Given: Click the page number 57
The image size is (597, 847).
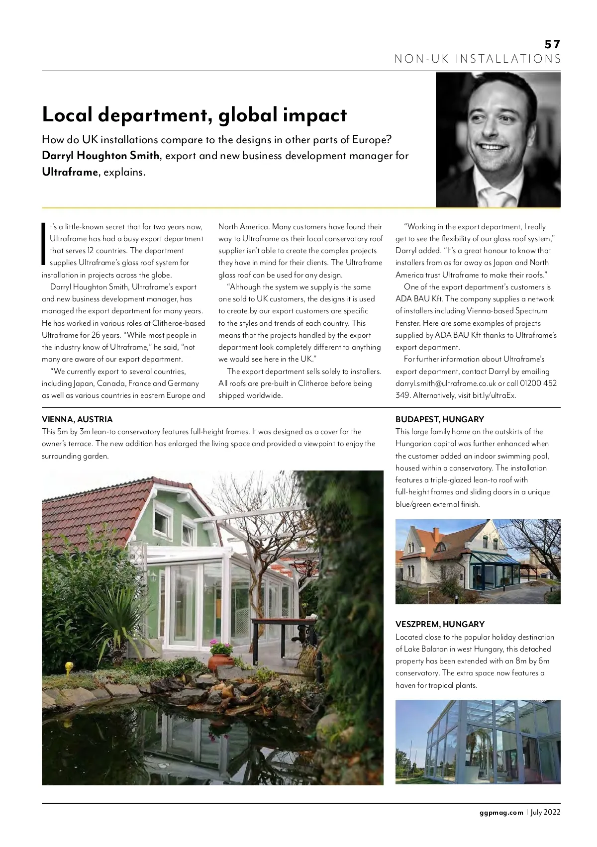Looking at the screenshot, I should coord(552,44).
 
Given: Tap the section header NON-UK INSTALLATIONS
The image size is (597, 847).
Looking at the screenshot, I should coord(478,59).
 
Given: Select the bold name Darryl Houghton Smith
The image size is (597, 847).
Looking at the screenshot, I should coord(100,156).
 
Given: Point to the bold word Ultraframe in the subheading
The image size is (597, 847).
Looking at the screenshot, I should coord(70,173).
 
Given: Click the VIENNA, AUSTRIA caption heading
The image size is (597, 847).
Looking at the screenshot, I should coord(77,419).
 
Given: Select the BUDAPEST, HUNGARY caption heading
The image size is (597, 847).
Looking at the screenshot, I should coord(439,419).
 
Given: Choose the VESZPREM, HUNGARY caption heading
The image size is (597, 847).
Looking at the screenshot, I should coord(440,624).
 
